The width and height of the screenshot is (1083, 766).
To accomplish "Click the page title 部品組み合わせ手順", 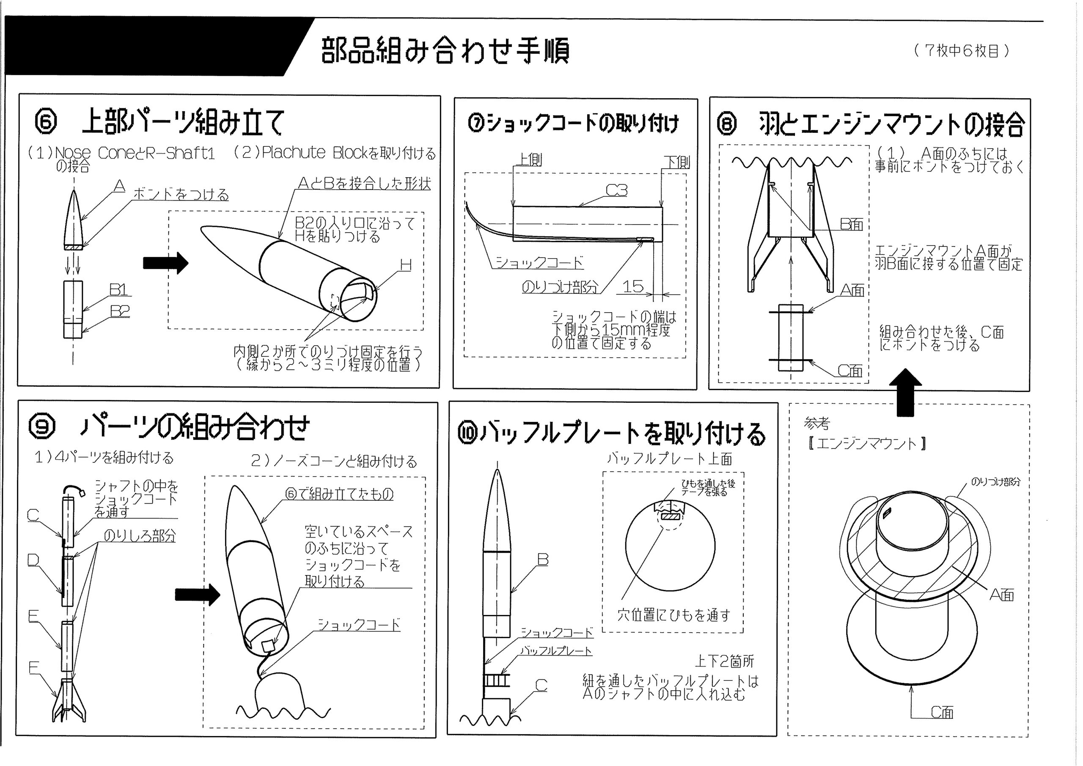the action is coord(445,50).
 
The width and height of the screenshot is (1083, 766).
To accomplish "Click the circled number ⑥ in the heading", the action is coord(46,121).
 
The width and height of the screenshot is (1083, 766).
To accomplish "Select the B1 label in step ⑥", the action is coord(118,289).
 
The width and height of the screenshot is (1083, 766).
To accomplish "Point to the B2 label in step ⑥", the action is coord(120,311).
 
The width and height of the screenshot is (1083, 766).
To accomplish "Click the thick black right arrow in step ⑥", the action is coord(165,263).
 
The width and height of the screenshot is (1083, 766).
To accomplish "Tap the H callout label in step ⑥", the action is coord(406,265).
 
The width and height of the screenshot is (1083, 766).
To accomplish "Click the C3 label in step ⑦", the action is coord(616,190).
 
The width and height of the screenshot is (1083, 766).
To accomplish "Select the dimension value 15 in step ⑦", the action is coord(632,286).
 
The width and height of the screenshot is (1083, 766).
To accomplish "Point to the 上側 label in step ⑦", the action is coord(530,160).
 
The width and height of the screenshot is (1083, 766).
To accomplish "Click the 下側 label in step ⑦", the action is coord(677,162).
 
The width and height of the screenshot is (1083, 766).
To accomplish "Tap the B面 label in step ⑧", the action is coord(852,224).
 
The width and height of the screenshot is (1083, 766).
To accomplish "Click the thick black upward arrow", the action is coord(905,392).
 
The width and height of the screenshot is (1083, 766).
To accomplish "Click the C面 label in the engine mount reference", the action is coord(942,712).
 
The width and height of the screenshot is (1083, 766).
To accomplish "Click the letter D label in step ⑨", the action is coord(33,560).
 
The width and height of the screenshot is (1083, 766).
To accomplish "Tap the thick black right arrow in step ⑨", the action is coord(198,595).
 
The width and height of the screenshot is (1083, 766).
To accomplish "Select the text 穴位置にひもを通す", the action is coord(674,615).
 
